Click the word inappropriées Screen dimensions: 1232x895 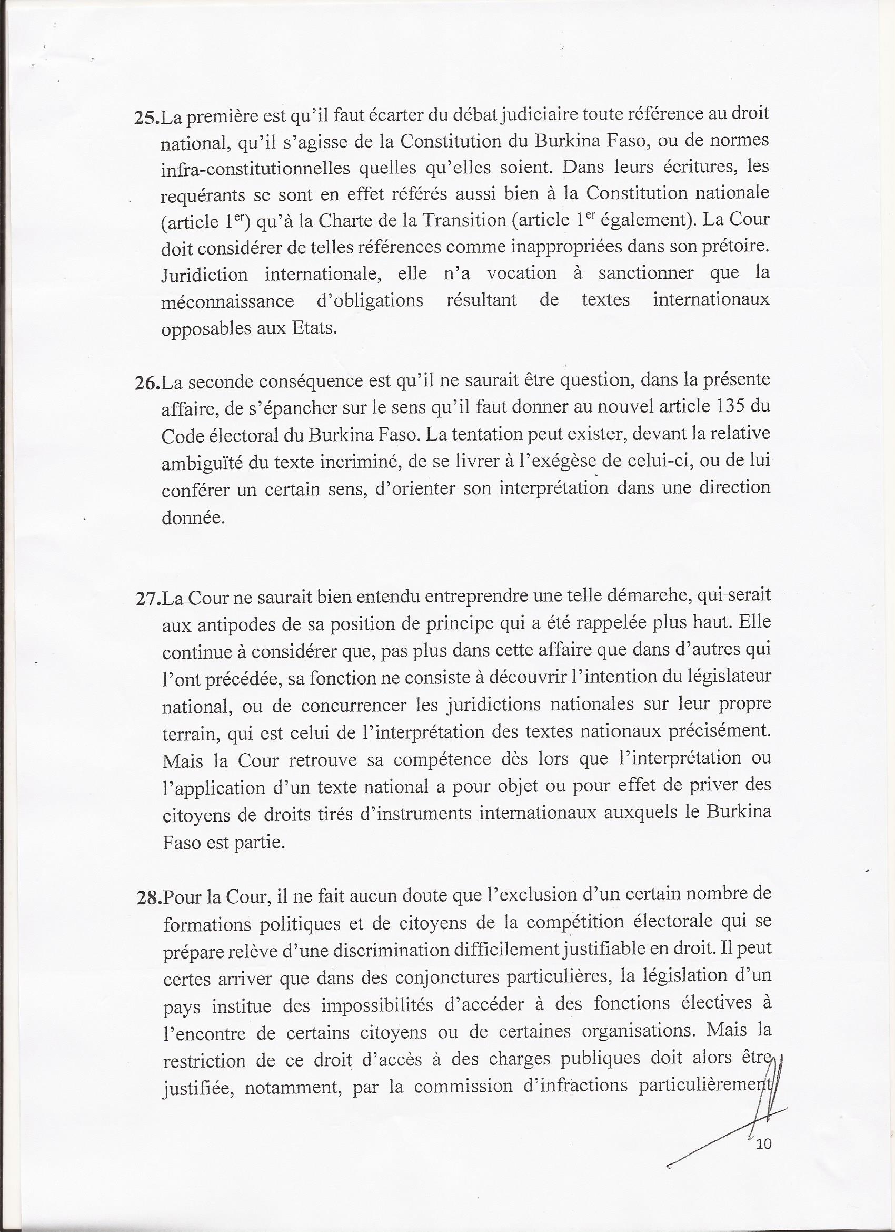click(550, 248)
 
